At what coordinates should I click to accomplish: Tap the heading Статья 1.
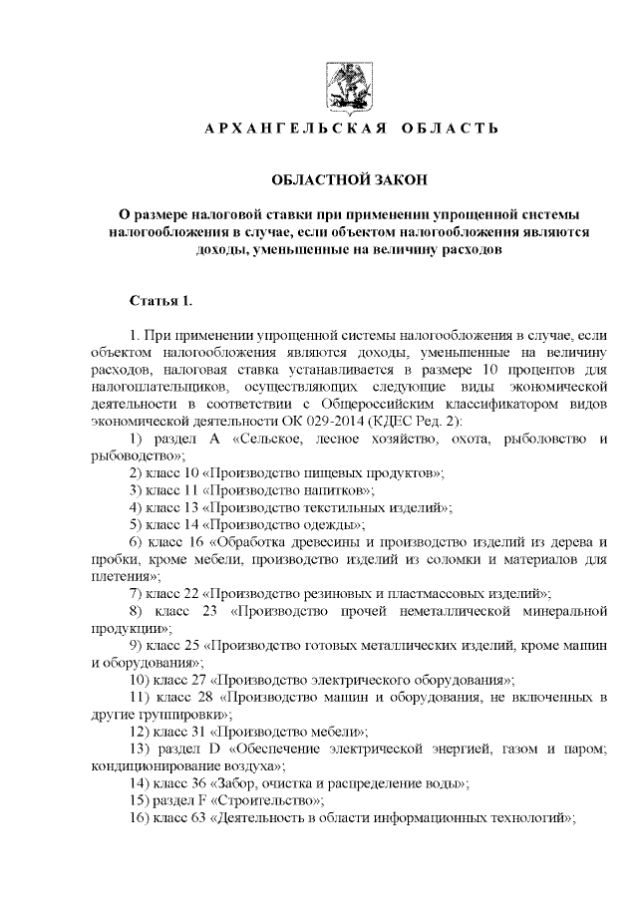click(x=160, y=299)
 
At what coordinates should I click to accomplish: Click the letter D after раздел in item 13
click(x=214, y=750)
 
